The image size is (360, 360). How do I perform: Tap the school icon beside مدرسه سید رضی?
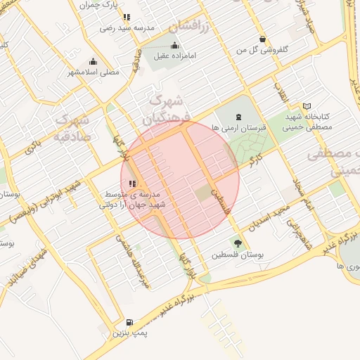126,17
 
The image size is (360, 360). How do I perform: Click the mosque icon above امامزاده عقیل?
174,46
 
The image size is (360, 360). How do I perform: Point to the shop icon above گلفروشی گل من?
262,39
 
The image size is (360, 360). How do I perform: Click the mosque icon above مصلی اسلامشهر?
94,62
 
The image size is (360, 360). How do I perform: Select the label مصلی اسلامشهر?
94,72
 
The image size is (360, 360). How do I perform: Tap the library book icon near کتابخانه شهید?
307,106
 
